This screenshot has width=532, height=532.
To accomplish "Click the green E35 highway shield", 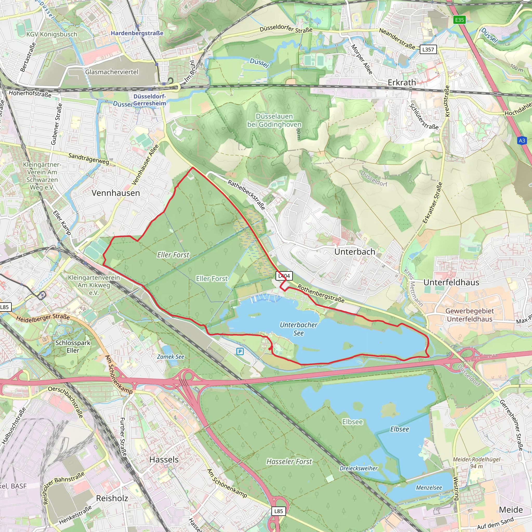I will click(459, 20).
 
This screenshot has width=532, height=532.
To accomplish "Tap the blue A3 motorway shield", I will click(522, 141).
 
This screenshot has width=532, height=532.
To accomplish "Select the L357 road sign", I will click(428, 50).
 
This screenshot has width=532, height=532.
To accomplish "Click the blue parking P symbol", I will click(240, 351).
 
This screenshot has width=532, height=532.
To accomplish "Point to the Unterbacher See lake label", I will click(298, 329).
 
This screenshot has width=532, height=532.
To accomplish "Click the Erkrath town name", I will click(402, 82).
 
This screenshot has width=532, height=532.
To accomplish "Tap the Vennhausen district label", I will click(116, 193).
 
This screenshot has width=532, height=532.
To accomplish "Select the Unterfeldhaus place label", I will click(451, 282).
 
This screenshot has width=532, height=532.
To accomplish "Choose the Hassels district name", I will click(164, 460).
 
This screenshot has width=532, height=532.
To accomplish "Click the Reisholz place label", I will click(112, 498).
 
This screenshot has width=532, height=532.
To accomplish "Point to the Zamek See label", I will click(170, 357).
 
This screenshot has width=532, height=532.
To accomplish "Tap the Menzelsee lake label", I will click(429, 488).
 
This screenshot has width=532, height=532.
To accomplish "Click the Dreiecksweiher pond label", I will click(358, 468).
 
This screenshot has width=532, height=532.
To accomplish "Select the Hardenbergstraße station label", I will click(137, 33).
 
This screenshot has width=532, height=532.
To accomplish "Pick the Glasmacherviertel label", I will click(112, 72).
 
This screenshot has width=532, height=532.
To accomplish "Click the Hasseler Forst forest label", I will click(289, 462).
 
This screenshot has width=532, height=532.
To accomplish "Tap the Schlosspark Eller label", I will click(73, 347).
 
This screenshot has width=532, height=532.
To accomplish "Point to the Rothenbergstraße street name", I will click(321, 294).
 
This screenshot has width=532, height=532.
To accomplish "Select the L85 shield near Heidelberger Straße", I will click(5, 307).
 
